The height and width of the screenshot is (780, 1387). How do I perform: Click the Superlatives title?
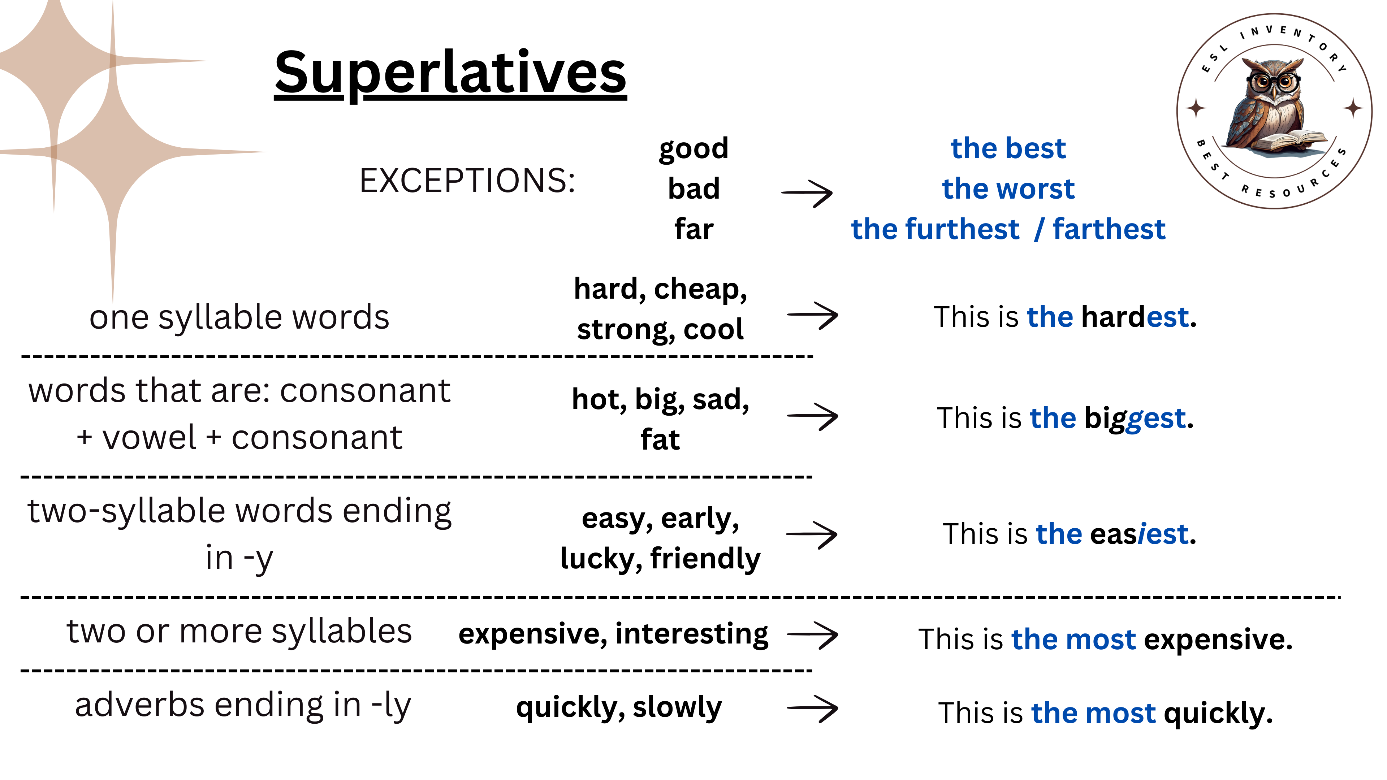coord(451,73)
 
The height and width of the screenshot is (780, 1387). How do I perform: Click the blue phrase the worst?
coord(1008,188)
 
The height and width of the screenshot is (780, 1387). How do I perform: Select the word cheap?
coord(700,290)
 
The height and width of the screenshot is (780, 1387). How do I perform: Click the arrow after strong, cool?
coord(812,316)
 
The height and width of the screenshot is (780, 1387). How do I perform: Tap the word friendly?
coord(705,558)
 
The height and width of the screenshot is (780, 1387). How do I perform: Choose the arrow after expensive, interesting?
coord(812,635)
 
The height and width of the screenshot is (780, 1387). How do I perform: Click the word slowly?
coord(677,707)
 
